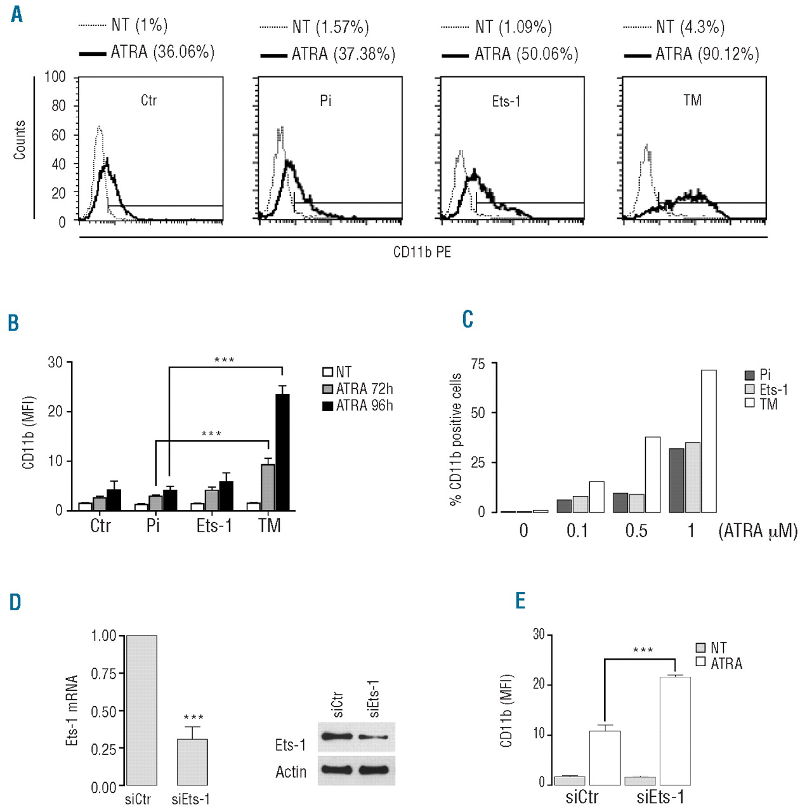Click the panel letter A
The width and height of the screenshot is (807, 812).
click(x=16, y=13)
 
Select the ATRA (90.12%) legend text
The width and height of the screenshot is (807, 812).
click(x=707, y=54)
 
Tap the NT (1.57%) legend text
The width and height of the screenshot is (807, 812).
click(x=331, y=27)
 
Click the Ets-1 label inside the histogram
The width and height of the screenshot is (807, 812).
click(x=506, y=101)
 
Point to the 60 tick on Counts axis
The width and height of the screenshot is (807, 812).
click(x=58, y=134)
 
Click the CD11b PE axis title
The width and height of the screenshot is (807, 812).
click(x=422, y=252)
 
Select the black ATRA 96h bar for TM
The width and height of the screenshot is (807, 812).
click(x=282, y=452)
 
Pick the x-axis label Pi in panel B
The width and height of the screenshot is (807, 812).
click(x=153, y=526)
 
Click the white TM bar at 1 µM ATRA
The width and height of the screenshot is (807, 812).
click(x=709, y=441)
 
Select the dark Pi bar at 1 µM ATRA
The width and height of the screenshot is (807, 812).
click(x=676, y=480)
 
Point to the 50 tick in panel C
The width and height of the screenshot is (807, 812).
click(x=478, y=413)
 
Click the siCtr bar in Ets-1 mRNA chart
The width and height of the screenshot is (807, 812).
click(x=141, y=710)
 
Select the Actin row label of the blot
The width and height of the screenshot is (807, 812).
click(x=291, y=772)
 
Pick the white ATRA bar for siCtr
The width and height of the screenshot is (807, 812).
click(x=605, y=758)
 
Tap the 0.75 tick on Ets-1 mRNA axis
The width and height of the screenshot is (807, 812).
click(x=103, y=674)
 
